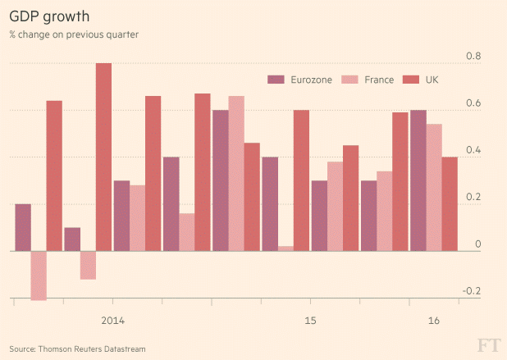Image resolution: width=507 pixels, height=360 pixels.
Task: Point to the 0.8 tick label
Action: point(473,57)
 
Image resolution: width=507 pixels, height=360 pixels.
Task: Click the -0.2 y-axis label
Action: point(472,292)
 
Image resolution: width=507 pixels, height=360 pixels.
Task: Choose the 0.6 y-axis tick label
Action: point(473,104)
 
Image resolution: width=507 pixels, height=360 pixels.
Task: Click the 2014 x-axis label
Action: point(112,320)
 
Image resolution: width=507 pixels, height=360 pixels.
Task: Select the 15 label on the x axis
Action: point(310,320)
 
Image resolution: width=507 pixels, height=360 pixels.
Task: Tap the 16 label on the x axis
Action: point(434,320)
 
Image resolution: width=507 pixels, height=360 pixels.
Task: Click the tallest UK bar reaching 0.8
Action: point(103,157)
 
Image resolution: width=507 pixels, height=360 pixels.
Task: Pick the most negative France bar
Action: point(39,276)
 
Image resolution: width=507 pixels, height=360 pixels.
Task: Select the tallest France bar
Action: point(236,173)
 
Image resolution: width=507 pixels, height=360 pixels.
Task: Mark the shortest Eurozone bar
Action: point(72,239)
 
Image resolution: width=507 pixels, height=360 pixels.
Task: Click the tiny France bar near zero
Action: point(285,248)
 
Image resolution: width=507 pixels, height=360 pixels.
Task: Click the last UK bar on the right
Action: point(450,203)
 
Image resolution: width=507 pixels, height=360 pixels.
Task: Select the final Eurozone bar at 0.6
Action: point(418,180)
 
